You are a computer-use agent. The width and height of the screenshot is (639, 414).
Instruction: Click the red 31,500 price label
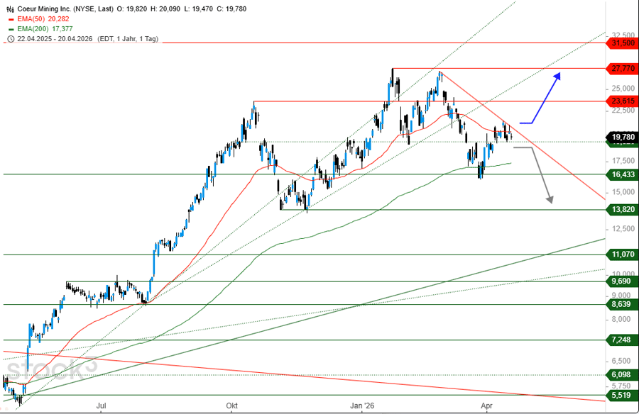(622, 43)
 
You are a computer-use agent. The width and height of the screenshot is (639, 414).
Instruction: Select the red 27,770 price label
(622, 69)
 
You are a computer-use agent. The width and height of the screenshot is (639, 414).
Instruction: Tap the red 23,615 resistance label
(622, 101)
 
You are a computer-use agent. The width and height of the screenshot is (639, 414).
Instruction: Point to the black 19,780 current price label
(622, 137)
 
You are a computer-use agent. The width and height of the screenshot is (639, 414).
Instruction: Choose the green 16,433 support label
(622, 174)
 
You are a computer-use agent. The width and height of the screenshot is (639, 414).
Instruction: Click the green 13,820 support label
(622, 209)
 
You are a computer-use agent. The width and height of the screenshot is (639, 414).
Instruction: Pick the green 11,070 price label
(622, 254)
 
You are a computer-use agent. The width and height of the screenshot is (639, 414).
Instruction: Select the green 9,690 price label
(622, 281)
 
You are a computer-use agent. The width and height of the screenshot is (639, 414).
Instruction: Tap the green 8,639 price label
(622, 304)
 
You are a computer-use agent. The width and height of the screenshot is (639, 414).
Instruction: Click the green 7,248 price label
(622, 340)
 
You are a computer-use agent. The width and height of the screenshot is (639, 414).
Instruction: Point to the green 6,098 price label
(622, 375)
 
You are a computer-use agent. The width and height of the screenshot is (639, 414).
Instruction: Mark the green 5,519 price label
(622, 395)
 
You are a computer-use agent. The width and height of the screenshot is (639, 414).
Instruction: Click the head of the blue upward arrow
(558, 74)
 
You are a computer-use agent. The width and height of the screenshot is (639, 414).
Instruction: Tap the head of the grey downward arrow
(550, 201)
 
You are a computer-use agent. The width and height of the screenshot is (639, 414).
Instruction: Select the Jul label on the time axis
(101, 406)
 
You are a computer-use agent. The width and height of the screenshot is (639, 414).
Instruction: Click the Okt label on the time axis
(231, 406)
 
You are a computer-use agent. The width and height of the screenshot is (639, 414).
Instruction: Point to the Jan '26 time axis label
(363, 406)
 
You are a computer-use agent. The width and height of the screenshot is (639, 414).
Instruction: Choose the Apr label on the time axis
(486, 406)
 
